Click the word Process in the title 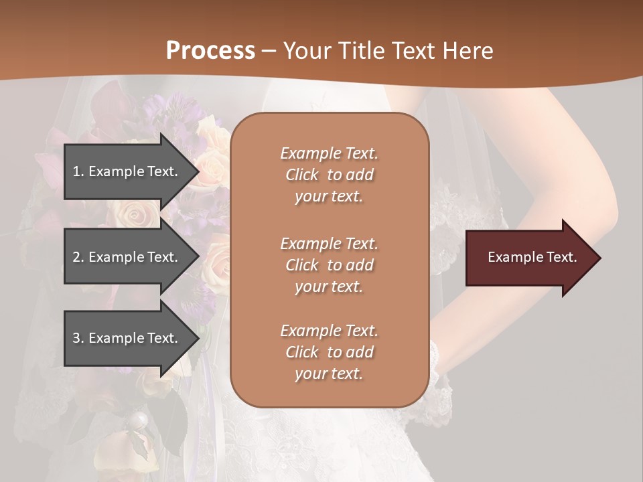pyautogui.click(x=210, y=51)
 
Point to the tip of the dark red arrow pyautogui.click(x=599, y=258)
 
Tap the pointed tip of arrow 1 pyautogui.click(x=198, y=171)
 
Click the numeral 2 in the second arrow pyautogui.click(x=76, y=257)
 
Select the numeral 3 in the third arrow pyautogui.click(x=76, y=338)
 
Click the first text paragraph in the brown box pyautogui.click(x=329, y=175)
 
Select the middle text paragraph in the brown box pyautogui.click(x=329, y=265)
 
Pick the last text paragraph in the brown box pyautogui.click(x=329, y=352)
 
